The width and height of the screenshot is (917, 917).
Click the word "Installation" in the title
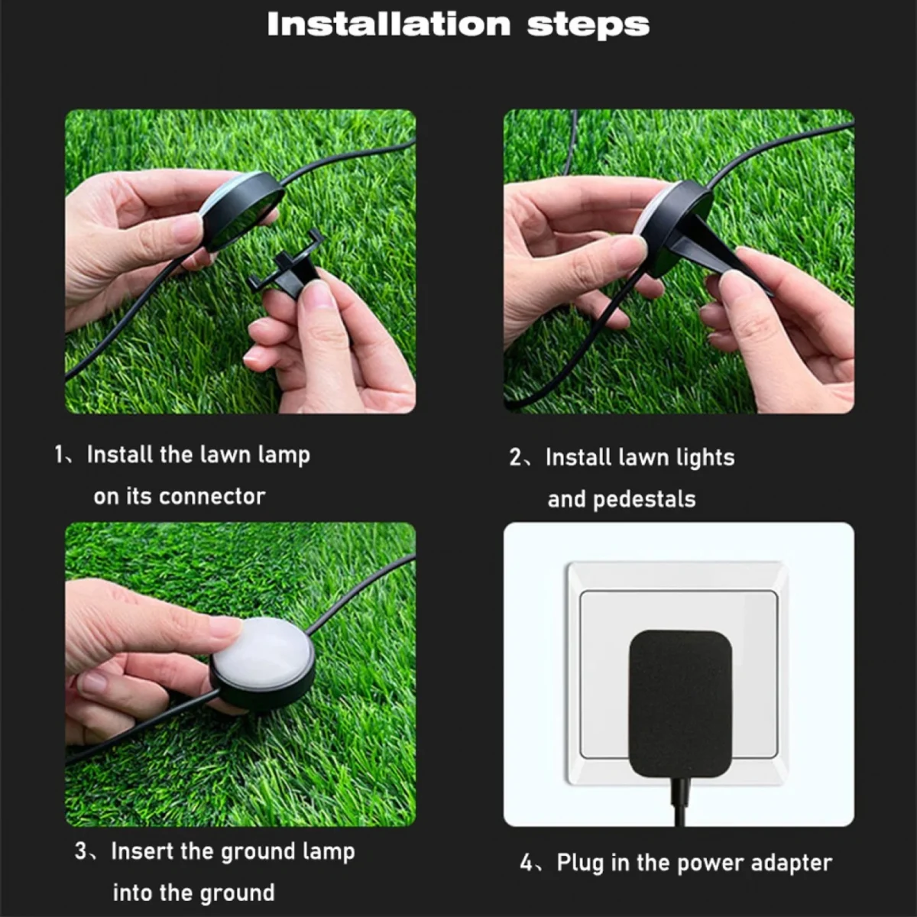[388, 24]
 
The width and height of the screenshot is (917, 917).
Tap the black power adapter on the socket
[679, 703]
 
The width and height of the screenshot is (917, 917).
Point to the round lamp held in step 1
[241, 210]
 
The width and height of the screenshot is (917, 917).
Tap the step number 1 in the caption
[59, 455]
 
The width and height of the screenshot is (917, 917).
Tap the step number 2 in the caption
[516, 458]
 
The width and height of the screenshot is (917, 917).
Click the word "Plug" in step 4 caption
[580, 864]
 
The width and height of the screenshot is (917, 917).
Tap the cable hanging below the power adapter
[679, 802]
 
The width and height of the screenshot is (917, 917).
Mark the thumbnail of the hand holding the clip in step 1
[317, 293]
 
